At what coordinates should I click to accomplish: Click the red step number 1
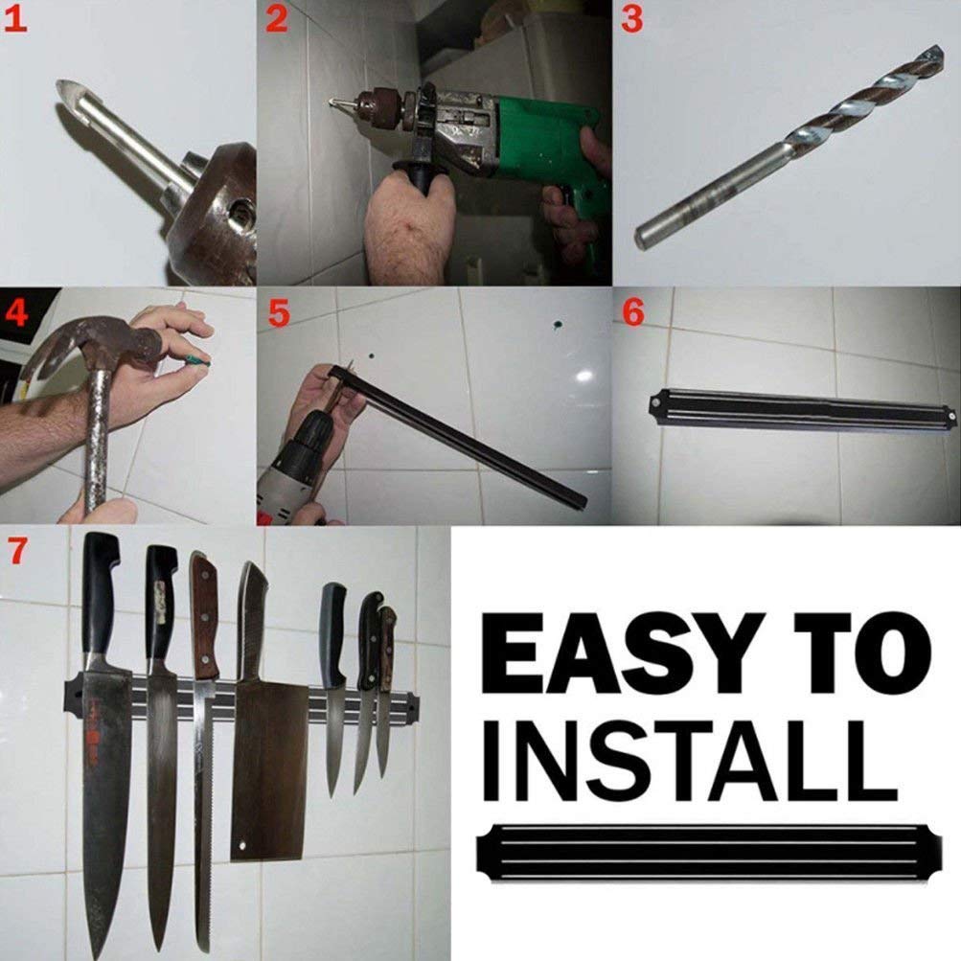(17, 19)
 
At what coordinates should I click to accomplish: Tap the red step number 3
(631, 19)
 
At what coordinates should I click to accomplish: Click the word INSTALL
(684, 763)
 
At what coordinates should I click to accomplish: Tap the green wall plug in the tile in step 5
(554, 328)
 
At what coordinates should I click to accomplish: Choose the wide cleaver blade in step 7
(268, 767)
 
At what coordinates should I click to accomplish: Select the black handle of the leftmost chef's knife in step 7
(100, 594)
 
